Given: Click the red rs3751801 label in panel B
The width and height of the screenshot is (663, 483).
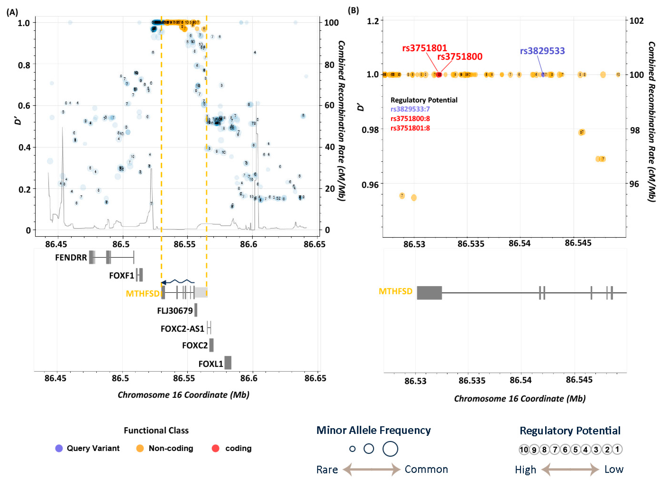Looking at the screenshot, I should [x=424, y=48].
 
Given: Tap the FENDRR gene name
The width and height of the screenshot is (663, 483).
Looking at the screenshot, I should [x=71, y=257].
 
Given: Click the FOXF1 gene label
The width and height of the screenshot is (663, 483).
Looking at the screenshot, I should [x=121, y=275].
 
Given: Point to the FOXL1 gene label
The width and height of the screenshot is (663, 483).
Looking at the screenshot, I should [x=211, y=364].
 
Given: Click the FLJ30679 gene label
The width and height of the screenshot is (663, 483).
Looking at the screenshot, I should [x=175, y=311].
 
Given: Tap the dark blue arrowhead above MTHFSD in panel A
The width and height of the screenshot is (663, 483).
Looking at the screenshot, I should [x=164, y=283].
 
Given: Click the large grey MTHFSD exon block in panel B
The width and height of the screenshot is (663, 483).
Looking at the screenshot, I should [x=429, y=293].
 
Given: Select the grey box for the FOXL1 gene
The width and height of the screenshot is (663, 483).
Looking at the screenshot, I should [x=228, y=362].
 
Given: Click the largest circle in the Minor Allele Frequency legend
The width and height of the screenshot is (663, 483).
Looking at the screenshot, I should [x=390, y=449].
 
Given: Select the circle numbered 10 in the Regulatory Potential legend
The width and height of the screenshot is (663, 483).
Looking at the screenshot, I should [x=524, y=449].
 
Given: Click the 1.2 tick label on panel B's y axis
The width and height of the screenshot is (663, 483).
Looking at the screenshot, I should [x=373, y=21].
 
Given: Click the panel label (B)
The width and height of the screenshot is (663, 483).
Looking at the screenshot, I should [x=353, y=10].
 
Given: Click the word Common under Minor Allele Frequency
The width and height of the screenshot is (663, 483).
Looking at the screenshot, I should [x=426, y=469].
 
